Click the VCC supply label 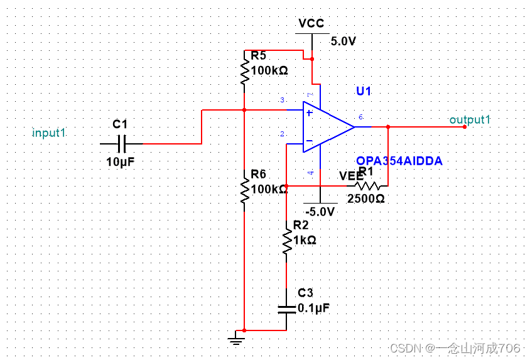click(311, 24)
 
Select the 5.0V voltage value click(343, 41)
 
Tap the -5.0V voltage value click(320, 212)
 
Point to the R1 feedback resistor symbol click(369, 186)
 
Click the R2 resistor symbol click(286, 242)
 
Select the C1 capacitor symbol click(121, 144)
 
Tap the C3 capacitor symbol click(286, 308)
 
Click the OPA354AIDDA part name click(399, 161)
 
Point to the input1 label click(49, 133)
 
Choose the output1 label click(470, 119)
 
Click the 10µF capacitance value click(121, 162)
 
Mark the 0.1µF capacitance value click(313, 308)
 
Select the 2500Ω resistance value click(365, 199)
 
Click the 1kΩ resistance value click(304, 239)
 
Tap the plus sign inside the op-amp click(309, 113)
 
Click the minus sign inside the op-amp click(309, 141)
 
